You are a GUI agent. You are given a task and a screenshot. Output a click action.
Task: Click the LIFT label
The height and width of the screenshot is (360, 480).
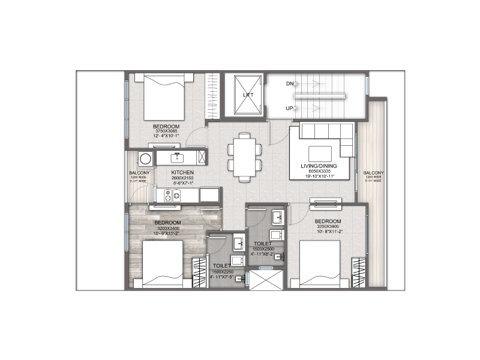click(x=248, y=95)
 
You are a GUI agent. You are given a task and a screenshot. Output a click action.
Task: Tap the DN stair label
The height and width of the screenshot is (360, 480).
click(x=290, y=83)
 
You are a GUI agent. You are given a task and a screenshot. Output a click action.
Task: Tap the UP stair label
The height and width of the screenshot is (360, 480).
click(x=290, y=108)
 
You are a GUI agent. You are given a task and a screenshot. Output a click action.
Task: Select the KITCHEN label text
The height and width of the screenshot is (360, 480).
click(x=181, y=172)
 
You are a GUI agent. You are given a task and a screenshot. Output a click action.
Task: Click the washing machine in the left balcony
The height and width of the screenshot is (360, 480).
click(x=145, y=159)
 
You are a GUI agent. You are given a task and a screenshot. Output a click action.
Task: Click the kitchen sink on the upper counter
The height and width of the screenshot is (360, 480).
click(x=177, y=158)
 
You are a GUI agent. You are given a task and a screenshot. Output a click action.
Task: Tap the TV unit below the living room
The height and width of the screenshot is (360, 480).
click(x=325, y=203)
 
